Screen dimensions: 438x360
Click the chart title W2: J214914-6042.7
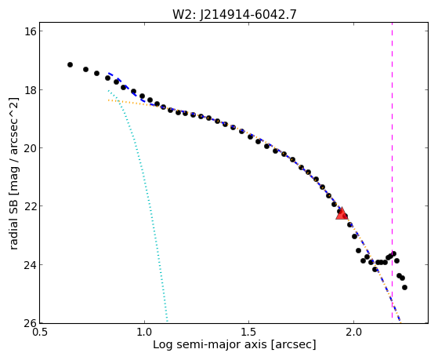tap(234, 14)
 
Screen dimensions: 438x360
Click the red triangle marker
tap(342, 214)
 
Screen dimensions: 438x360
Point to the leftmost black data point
tap(70, 64)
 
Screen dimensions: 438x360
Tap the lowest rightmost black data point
tap(404, 287)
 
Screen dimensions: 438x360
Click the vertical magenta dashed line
tap(392, 173)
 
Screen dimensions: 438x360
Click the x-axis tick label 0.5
tap(40, 333)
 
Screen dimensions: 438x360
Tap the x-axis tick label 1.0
tap(144, 333)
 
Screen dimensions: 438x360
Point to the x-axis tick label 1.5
tap(249, 333)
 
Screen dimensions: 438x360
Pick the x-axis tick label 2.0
tap(353, 333)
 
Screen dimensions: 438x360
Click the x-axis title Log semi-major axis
tap(209, 344)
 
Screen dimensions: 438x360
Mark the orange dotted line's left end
tap(108, 100)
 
